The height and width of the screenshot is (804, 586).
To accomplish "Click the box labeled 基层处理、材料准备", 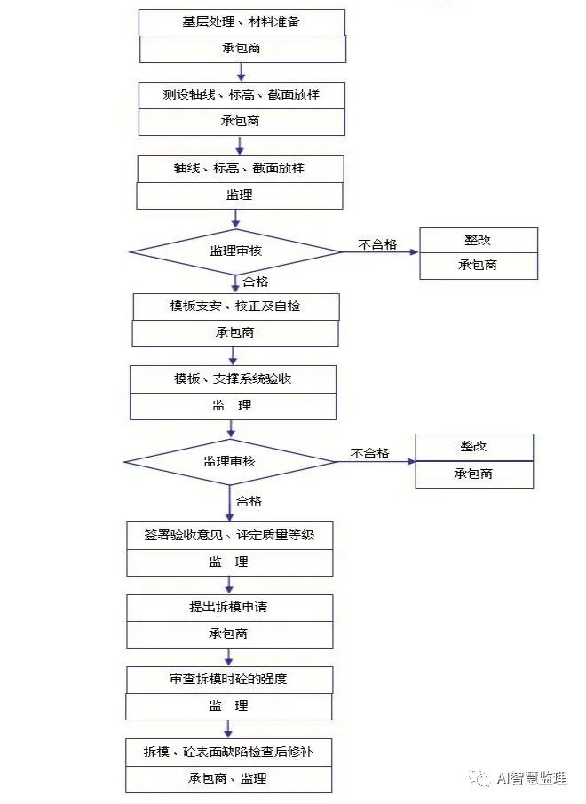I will (x=242, y=22).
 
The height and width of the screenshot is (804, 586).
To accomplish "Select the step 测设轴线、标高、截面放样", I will (x=242, y=94).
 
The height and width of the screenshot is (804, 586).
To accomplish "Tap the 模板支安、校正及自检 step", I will (x=235, y=306).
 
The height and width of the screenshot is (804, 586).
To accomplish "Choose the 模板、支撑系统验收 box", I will (x=234, y=379).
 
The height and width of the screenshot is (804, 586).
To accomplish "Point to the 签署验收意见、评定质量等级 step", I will (x=230, y=536).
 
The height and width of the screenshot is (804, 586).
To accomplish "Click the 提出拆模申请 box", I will (x=229, y=609).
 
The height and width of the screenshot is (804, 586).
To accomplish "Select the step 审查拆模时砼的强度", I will (x=229, y=680).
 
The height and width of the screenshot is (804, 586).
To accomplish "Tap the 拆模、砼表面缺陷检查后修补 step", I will (x=228, y=752).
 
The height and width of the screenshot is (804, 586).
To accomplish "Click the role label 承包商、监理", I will (x=228, y=779).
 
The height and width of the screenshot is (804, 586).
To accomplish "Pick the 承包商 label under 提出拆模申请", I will (x=229, y=634).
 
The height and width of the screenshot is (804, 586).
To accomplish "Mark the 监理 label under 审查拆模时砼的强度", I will (x=229, y=706).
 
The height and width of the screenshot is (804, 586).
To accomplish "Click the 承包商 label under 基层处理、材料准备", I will (x=242, y=49).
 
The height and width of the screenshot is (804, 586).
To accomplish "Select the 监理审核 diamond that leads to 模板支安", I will (x=235, y=251).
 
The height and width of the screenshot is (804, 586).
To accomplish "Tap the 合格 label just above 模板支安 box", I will (x=256, y=282).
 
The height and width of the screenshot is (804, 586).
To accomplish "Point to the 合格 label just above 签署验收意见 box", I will (x=249, y=501).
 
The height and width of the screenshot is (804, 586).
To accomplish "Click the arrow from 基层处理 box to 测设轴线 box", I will (x=241, y=72).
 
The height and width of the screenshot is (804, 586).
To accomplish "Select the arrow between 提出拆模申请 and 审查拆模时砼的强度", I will (x=229, y=657).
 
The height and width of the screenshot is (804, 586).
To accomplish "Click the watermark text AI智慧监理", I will (x=532, y=778).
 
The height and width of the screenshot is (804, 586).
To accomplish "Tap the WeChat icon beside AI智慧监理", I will (x=480, y=778).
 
